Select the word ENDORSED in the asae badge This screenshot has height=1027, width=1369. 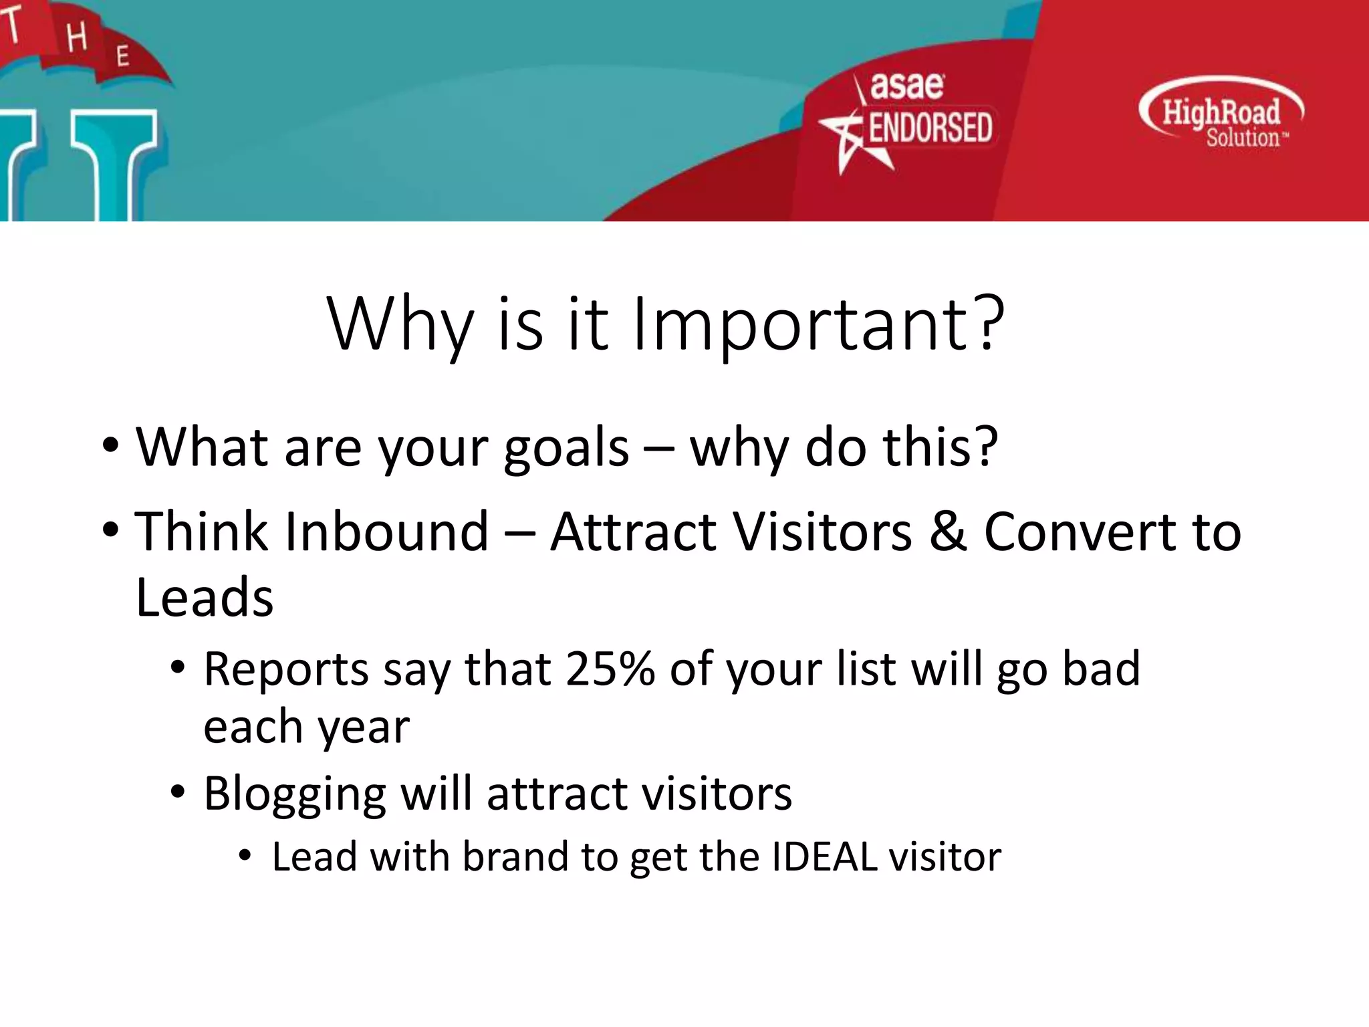[x=930, y=128]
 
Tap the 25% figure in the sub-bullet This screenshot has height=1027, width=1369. [x=610, y=669]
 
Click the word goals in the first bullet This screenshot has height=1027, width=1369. [x=566, y=448]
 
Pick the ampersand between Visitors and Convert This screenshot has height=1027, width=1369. [x=948, y=532]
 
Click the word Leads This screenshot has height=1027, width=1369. [x=205, y=597]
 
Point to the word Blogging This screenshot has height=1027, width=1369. [x=295, y=794]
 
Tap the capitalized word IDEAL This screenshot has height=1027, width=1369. [x=824, y=857]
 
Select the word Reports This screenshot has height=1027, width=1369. [x=286, y=669]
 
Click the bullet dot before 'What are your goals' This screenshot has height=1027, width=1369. [x=111, y=445]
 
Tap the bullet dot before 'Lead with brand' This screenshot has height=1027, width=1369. [x=245, y=856]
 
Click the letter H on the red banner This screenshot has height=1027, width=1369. [x=77, y=37]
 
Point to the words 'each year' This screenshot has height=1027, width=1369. [x=306, y=727]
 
